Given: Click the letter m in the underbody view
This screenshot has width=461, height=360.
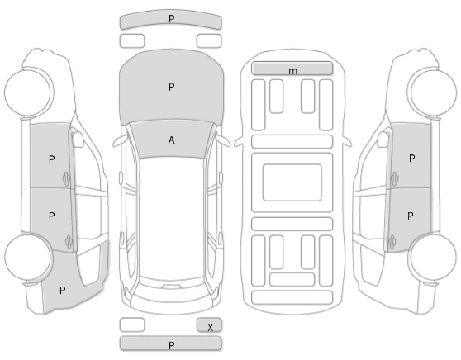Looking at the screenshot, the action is [292, 71].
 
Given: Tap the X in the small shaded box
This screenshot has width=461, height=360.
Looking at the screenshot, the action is [210, 327].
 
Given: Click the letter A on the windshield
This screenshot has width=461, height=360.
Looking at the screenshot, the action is [171, 140].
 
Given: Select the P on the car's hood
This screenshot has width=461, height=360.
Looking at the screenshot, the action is [171, 87].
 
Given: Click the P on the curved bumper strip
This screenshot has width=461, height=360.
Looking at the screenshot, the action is [171, 19].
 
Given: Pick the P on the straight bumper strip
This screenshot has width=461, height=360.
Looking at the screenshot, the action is [171, 345].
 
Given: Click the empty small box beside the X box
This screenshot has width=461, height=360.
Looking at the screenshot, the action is [132, 324].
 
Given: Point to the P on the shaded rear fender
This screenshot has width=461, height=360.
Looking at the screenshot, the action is [62, 291].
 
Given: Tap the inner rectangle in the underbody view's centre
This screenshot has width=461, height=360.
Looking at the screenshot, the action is [292, 182].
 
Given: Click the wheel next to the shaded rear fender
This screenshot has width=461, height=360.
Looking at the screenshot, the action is [29, 257].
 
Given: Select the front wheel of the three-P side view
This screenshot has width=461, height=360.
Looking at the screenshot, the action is [29, 92].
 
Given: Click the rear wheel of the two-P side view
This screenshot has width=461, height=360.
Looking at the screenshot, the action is [433, 257].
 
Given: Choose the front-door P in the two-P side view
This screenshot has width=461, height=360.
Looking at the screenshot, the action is [412, 159].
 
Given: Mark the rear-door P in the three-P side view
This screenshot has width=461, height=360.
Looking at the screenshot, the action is [51, 216].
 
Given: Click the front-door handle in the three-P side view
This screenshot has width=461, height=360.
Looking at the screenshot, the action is [66, 179].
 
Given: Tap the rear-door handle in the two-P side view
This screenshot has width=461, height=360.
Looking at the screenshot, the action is [392, 243].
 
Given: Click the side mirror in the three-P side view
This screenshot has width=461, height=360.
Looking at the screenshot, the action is [78, 139].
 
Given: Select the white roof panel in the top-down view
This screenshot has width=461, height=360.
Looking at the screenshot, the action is [171, 219].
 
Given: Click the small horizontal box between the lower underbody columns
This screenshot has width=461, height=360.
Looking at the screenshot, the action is [292, 279].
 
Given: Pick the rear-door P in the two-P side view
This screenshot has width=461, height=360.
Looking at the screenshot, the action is [410, 216].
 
